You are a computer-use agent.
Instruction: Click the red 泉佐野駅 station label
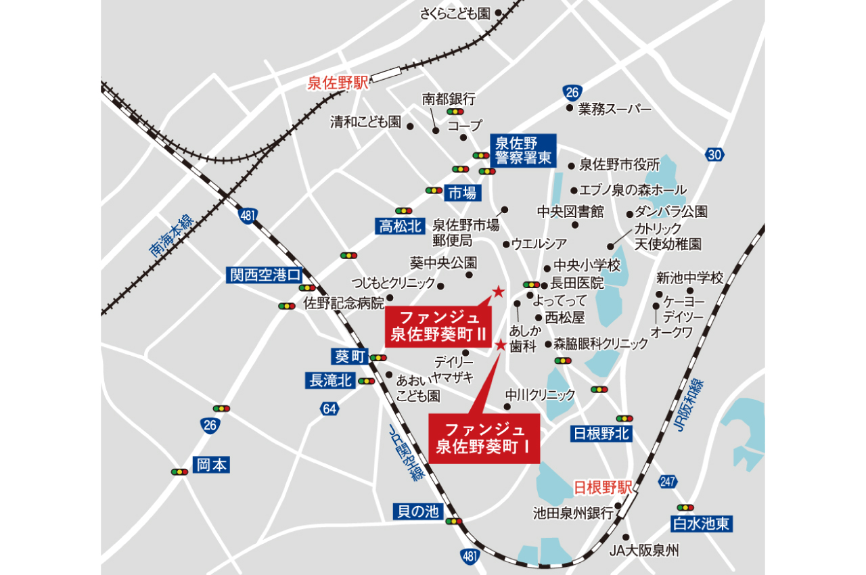tap(337, 83)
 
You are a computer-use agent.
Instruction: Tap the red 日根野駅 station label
tap(602, 487)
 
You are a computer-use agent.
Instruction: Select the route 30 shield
tap(714, 155)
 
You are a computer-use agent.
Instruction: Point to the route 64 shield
tap(329, 409)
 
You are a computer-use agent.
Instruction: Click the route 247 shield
tap(666, 482)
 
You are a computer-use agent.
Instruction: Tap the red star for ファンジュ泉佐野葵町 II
tap(498, 292)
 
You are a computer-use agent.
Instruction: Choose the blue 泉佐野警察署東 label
tap(522, 151)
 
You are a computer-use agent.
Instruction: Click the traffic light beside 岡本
tap(180, 471)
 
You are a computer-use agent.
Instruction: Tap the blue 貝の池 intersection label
tap(418, 511)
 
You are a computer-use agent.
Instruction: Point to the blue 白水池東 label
tap(703, 523)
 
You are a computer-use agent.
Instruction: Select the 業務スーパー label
tap(614, 109)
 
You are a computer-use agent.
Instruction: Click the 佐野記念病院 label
tap(343, 302)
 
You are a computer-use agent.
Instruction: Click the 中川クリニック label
tap(540, 394)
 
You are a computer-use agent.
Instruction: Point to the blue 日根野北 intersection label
tap(601, 434)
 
